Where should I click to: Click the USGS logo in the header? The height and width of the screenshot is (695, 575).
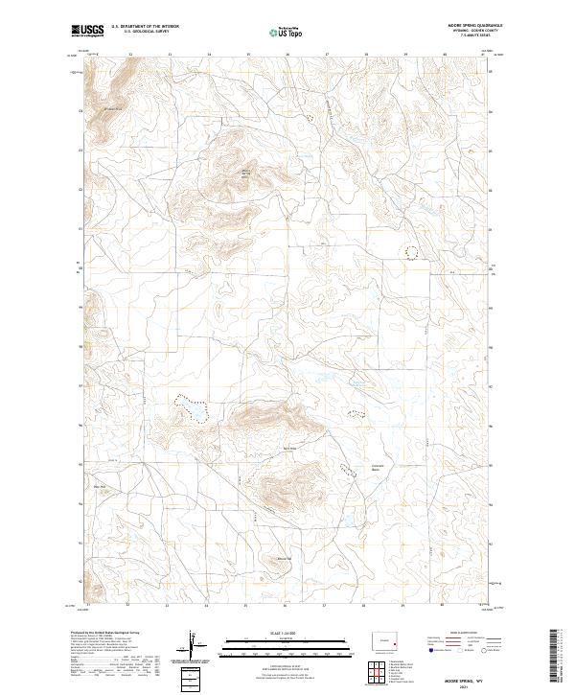pos(87,31)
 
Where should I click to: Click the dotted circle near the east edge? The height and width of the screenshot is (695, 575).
pos(412,252)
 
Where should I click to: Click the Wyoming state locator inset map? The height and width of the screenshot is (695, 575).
pos(390,640)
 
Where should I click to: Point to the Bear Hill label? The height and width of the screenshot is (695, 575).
pos(98,486)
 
